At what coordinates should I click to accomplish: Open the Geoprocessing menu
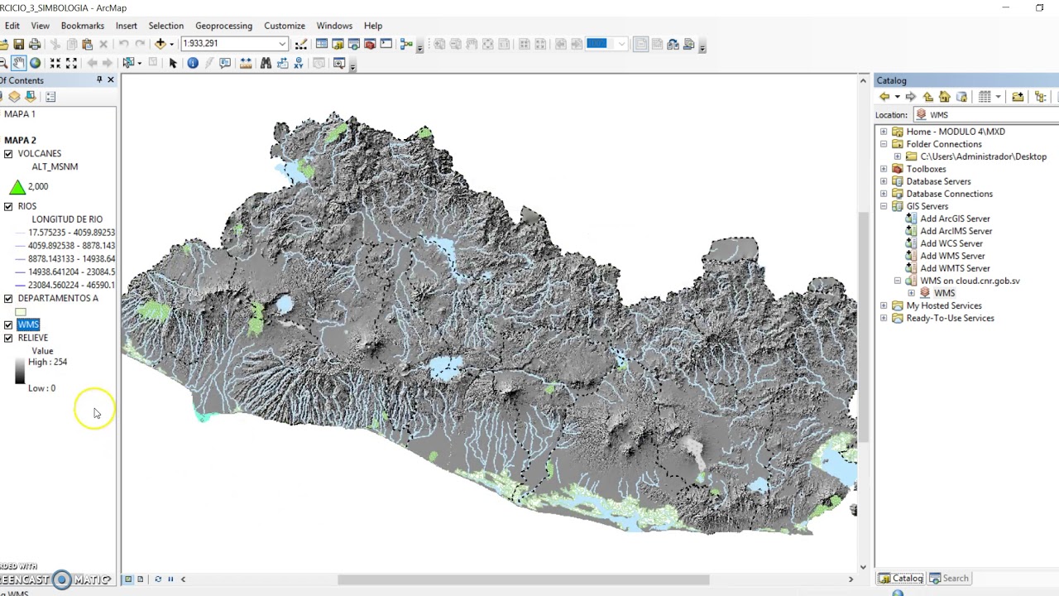(x=223, y=26)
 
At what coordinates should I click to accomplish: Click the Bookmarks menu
(x=82, y=26)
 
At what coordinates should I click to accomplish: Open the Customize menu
(x=284, y=26)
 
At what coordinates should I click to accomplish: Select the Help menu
(x=372, y=26)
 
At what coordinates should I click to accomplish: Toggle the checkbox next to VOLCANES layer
(x=8, y=154)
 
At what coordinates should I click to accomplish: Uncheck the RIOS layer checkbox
(x=8, y=206)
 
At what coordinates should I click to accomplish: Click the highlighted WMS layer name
(x=28, y=324)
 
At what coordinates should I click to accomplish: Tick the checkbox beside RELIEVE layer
(x=8, y=338)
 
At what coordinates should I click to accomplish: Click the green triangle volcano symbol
(x=17, y=187)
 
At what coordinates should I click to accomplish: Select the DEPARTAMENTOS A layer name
(x=57, y=298)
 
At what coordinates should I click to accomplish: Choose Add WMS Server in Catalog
(x=951, y=256)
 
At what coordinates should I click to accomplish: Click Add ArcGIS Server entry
(x=954, y=219)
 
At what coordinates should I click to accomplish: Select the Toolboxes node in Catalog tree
(x=925, y=169)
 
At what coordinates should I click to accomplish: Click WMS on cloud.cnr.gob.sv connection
(x=969, y=281)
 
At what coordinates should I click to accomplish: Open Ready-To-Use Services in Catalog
(x=949, y=318)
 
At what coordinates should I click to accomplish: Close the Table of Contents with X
(x=110, y=80)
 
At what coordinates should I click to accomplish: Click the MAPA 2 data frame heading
(x=20, y=140)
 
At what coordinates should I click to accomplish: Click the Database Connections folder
(x=948, y=194)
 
